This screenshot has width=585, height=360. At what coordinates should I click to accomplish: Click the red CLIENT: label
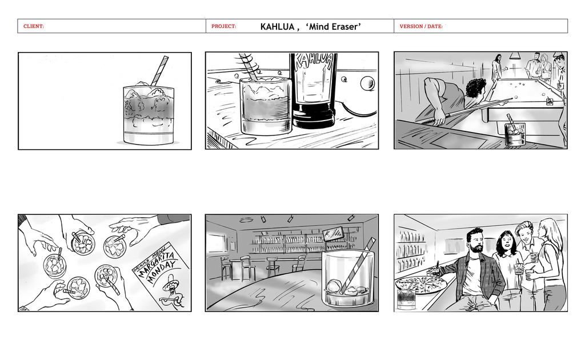[34, 26]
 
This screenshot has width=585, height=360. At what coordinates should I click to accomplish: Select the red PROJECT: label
[224, 26]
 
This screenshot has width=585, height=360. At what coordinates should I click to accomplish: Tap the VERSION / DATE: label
[421, 26]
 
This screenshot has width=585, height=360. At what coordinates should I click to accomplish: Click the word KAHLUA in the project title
[278, 27]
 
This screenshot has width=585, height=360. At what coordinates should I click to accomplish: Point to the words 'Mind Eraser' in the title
[333, 26]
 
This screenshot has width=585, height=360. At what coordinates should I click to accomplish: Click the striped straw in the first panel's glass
[159, 70]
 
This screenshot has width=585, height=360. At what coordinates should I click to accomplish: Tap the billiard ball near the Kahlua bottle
[367, 83]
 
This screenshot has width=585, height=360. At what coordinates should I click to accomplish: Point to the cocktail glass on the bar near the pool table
[515, 133]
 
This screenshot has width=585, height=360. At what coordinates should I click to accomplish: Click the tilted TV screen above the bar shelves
[333, 233]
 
